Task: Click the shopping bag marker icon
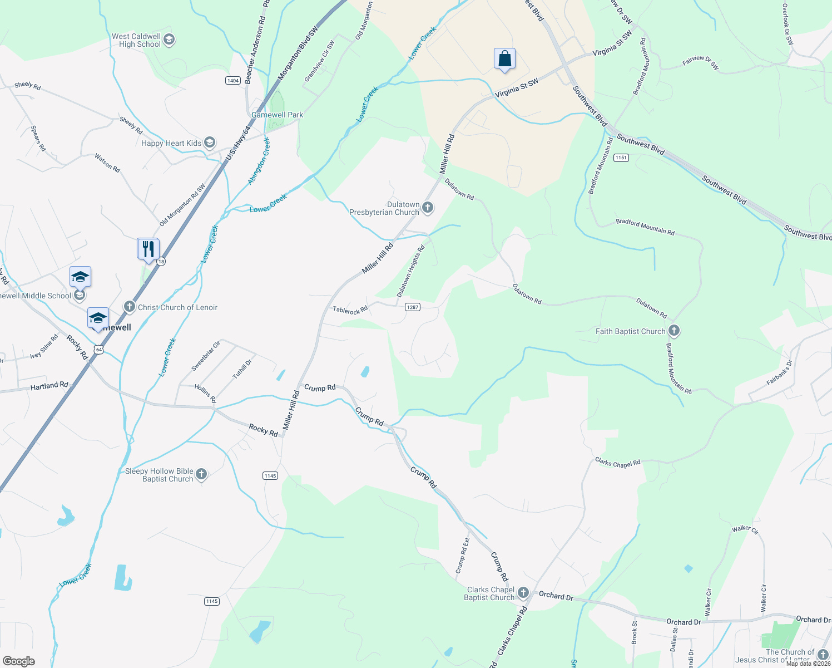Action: click(x=504, y=58)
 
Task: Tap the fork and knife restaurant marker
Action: click(x=148, y=248)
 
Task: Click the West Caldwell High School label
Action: click(x=136, y=40)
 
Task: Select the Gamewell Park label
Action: click(x=277, y=115)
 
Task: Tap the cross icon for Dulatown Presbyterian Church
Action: click(x=428, y=208)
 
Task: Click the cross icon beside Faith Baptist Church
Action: click(x=674, y=331)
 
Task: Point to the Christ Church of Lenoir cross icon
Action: click(x=130, y=307)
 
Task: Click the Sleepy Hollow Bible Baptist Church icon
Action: click(x=201, y=474)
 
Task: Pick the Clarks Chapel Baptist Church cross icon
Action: click(x=523, y=593)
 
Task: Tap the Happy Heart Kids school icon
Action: click(x=210, y=143)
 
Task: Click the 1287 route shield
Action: click(x=412, y=307)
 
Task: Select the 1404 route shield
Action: click(x=233, y=81)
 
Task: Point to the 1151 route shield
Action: click(x=621, y=158)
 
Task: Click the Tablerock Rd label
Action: click(x=350, y=310)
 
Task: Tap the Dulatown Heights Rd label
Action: click(x=410, y=271)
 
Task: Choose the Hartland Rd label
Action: click(x=49, y=385)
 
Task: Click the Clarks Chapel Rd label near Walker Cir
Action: click(x=617, y=463)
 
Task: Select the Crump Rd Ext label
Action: click(x=463, y=555)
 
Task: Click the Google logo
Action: click(x=18, y=661)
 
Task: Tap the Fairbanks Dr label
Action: click(x=779, y=373)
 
